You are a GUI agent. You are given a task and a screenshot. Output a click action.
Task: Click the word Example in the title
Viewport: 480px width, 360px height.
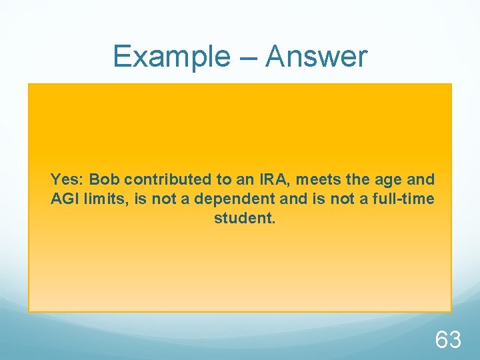coord(169,56)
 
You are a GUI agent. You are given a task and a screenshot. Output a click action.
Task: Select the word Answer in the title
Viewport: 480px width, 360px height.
coord(317,56)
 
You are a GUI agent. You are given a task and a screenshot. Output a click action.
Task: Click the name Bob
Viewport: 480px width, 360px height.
coord(105,179)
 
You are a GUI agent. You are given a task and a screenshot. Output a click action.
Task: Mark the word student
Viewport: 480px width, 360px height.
coord(244,217)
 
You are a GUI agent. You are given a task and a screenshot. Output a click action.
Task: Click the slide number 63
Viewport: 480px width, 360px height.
coord(448,340)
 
